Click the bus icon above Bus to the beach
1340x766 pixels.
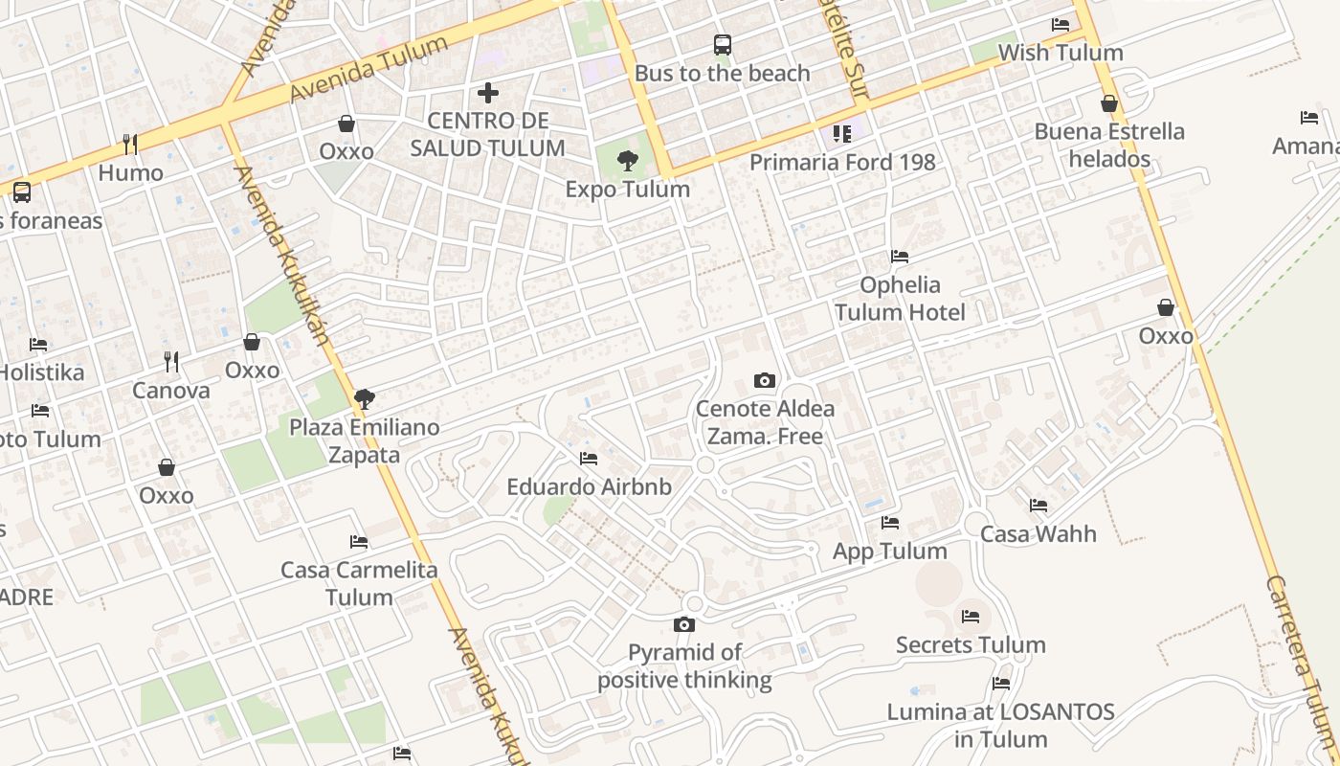tap(723, 44)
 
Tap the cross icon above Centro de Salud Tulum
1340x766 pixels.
tap(488, 93)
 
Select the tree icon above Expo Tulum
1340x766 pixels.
tap(628, 161)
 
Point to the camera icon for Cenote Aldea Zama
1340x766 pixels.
tap(764, 380)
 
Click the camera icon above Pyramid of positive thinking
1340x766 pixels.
tap(684, 624)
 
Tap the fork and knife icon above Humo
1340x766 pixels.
tap(130, 145)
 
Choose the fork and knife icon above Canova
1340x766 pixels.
tap(171, 361)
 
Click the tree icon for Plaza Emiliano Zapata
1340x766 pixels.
tap(364, 398)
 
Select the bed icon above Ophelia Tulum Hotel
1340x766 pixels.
tap(900, 257)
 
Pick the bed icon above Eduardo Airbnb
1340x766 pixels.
tap(589, 459)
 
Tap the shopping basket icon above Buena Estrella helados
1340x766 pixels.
tap(1109, 102)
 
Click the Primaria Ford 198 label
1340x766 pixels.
tap(842, 162)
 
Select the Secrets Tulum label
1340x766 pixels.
tap(971, 644)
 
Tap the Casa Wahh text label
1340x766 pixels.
tap(1038, 533)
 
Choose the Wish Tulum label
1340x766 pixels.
tap(1061, 53)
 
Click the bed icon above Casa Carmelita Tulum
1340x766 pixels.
tap(359, 542)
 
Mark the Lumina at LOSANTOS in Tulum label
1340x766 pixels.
tap(1000, 725)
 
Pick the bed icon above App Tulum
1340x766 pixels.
tap(890, 523)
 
